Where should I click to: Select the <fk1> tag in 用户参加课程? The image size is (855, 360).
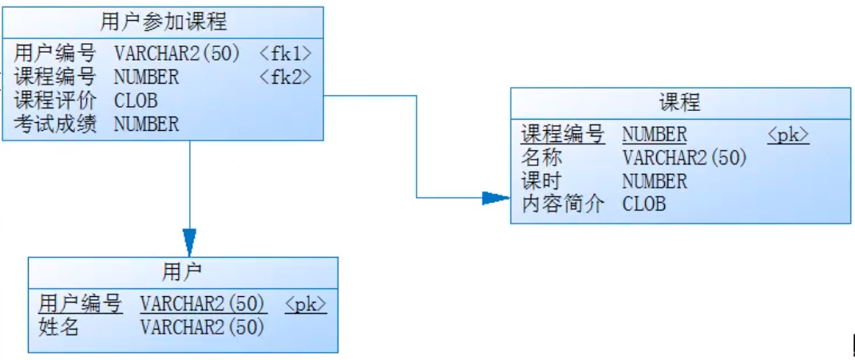click(285, 53)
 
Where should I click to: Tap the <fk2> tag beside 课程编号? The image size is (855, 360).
click(285, 77)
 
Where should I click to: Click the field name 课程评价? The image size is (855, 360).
click(54, 101)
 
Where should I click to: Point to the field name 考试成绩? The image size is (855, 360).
click(54, 124)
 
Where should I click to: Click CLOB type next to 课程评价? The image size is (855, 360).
click(136, 101)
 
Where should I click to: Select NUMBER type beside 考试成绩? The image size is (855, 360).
click(146, 124)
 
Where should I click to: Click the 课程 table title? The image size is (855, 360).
click(679, 103)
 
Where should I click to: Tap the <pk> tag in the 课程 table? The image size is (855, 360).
click(788, 135)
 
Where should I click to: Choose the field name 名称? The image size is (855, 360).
click(542, 158)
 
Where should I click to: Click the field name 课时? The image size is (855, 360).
click(542, 181)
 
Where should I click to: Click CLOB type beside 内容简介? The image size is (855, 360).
click(643, 204)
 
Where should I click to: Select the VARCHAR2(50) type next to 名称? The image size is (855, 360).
click(684, 158)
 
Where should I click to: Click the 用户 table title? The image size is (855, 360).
click(182, 272)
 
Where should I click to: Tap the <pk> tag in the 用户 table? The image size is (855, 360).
click(306, 304)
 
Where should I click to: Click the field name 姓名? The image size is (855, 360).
click(59, 326)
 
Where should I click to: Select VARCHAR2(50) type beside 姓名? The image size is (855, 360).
click(202, 326)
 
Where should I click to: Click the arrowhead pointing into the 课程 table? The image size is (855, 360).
click(497, 198)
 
